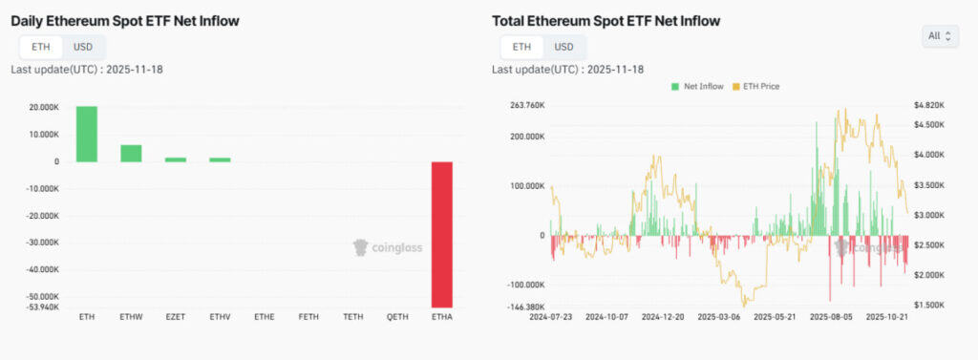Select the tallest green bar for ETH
(87, 134)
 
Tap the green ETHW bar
(131, 153)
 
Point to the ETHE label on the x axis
(265, 316)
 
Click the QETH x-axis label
(398, 316)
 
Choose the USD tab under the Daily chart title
(83, 47)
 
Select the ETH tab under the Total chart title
(521, 47)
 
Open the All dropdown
(940, 36)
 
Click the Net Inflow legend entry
(700, 86)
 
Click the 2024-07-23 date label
(552, 316)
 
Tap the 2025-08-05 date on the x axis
(832, 316)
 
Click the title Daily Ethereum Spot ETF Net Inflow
(125, 20)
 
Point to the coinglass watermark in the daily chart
(388, 247)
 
